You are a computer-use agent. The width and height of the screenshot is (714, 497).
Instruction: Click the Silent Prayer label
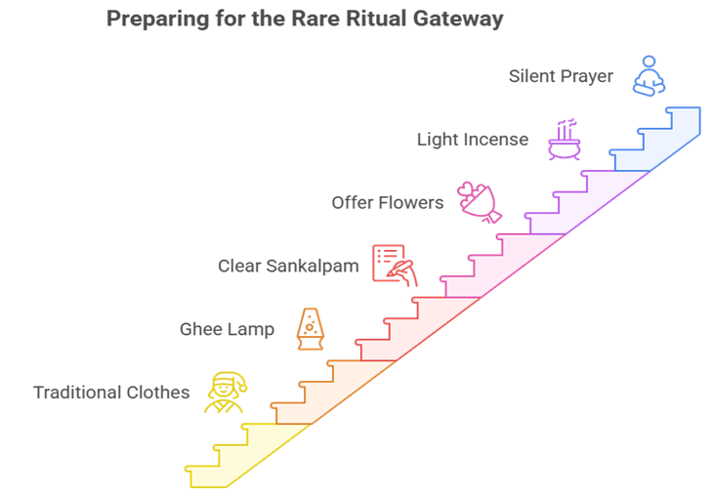pyautogui.click(x=561, y=76)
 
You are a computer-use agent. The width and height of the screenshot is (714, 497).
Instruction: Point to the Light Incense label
pyautogui.click(x=473, y=140)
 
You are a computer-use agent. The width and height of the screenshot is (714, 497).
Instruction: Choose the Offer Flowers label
pyautogui.click(x=387, y=203)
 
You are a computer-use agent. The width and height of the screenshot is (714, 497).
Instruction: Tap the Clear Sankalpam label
pyautogui.click(x=288, y=266)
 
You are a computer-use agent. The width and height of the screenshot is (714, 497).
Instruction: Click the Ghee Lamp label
pyautogui.click(x=227, y=329)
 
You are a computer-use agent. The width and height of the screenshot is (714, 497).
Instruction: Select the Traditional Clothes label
pyautogui.click(x=111, y=393)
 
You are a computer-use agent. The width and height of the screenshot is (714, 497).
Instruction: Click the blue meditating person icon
pyautogui.click(x=648, y=76)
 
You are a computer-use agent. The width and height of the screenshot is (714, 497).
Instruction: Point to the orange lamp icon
pyautogui.click(x=311, y=329)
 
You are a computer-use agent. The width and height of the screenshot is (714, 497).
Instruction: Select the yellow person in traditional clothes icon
pyautogui.click(x=224, y=393)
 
